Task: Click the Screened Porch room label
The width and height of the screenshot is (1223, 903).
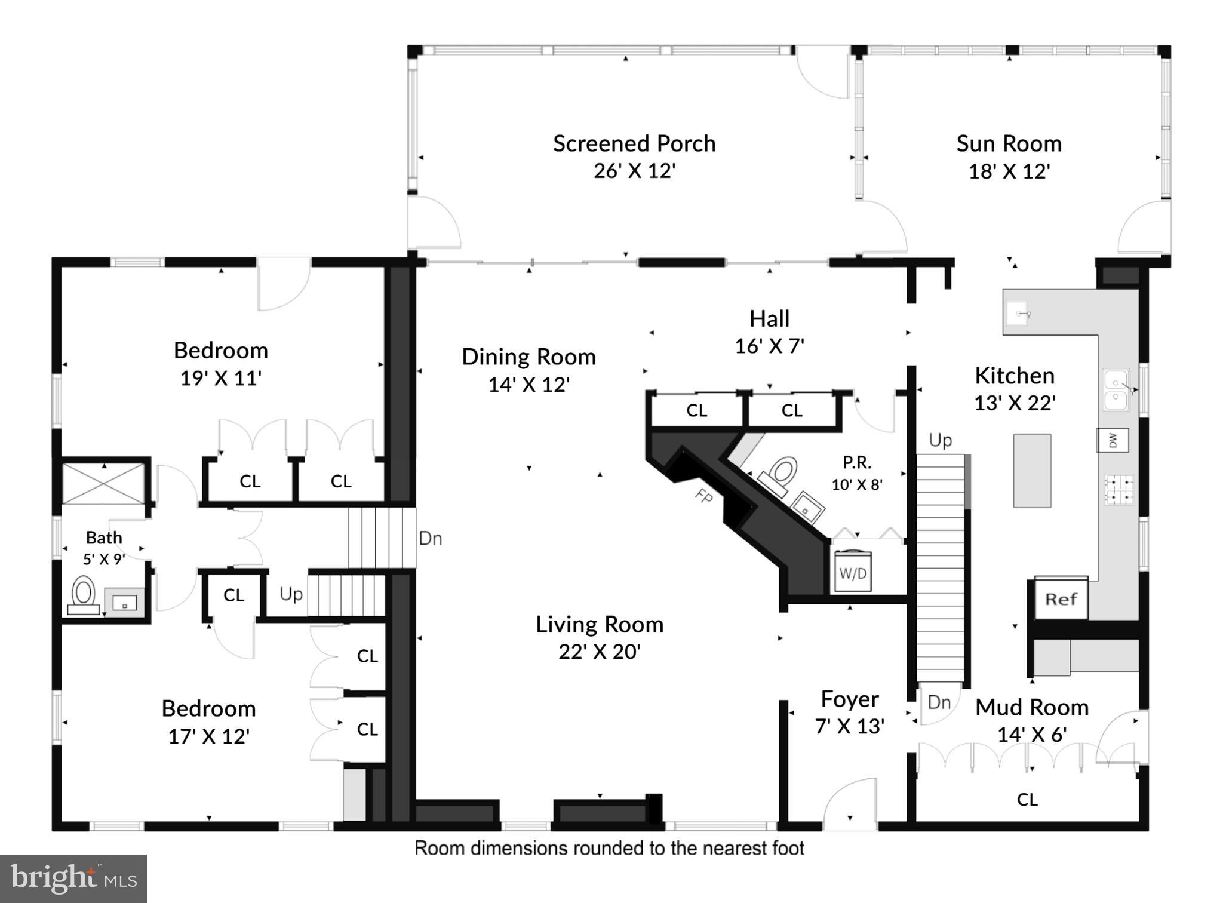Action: [x=634, y=143]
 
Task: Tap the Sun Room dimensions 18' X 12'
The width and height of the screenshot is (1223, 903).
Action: [x=1009, y=171]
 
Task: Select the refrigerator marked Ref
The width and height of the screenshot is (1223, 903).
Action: [x=1061, y=598]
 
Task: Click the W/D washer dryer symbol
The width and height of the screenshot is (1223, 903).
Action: [x=852, y=572]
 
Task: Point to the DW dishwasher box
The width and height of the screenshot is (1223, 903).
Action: [x=1113, y=440]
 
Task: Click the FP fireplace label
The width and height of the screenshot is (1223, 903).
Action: [x=703, y=495]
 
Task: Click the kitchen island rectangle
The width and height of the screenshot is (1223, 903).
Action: [x=1032, y=470]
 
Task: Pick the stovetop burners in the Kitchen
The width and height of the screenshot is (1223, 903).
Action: [x=1118, y=489]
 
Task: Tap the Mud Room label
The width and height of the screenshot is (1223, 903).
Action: [x=1031, y=707]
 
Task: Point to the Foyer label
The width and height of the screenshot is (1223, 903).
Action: [x=849, y=699]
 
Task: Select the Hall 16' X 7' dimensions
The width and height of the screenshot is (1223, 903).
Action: [x=769, y=346]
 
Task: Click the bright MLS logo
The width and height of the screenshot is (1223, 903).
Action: [x=73, y=878]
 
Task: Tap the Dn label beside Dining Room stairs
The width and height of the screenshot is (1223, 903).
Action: [x=430, y=538]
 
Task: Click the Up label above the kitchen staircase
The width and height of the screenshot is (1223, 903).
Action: [x=940, y=440]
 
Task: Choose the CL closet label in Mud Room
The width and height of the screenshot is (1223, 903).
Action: [x=1027, y=799]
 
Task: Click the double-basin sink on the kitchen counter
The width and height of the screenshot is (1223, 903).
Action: [x=1116, y=390]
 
